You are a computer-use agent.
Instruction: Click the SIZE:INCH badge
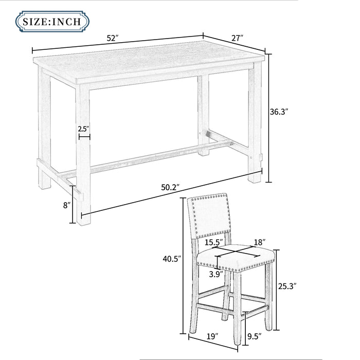(x=52, y=22)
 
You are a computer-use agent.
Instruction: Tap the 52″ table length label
(x=113, y=38)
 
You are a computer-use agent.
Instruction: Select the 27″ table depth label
(x=237, y=38)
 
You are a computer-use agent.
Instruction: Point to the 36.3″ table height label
(x=279, y=112)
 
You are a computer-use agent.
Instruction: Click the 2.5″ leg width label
(x=83, y=129)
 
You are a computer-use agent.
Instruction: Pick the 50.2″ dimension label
(x=170, y=188)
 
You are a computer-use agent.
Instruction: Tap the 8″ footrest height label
(x=67, y=205)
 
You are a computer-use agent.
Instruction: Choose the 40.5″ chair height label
(x=172, y=259)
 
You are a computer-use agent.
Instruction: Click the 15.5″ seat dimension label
(x=214, y=242)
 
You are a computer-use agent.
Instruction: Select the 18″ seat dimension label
(x=260, y=242)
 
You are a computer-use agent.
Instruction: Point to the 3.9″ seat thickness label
(x=216, y=274)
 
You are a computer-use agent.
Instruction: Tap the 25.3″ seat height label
(x=287, y=286)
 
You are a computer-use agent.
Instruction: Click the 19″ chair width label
(x=212, y=336)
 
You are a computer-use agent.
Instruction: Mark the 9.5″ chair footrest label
(x=255, y=336)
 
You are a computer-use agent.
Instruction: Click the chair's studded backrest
(x=209, y=217)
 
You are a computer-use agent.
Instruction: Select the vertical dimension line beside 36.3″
(x=269, y=118)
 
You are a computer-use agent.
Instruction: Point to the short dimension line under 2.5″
(x=84, y=137)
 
